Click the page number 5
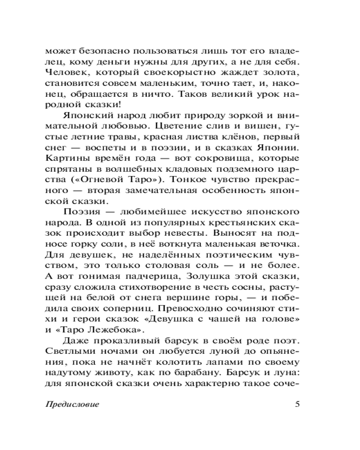tap(297, 403)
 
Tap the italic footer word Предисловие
tap(72, 404)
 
